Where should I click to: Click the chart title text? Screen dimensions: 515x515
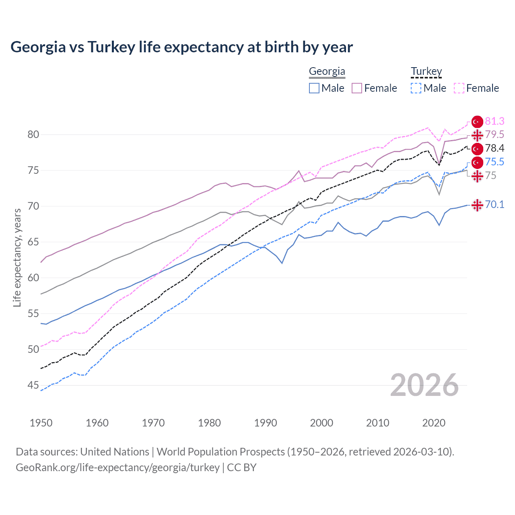(x=181, y=47)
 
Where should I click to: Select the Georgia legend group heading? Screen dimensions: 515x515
(x=327, y=72)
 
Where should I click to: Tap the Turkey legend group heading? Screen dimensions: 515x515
(x=426, y=72)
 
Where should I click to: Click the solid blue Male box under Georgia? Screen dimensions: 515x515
(x=314, y=88)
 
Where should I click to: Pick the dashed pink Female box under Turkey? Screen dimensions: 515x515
(x=459, y=88)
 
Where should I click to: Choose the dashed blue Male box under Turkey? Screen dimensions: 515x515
(x=416, y=88)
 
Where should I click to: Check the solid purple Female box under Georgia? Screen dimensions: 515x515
(x=357, y=88)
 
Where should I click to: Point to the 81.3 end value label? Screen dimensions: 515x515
(x=494, y=121)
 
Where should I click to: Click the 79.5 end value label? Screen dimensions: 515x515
(x=494, y=134)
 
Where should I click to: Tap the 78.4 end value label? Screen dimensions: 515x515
(x=494, y=148)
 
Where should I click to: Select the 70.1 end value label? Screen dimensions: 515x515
(x=494, y=204)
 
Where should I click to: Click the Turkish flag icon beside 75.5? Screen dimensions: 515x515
(x=477, y=163)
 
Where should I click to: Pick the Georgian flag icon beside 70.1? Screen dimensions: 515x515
(x=477, y=205)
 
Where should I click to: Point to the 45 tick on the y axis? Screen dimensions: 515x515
(x=33, y=385)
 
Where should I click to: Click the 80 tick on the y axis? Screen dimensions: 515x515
(x=33, y=134)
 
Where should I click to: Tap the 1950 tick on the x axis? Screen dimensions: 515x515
(x=41, y=423)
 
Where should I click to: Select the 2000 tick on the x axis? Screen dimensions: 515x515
(x=321, y=423)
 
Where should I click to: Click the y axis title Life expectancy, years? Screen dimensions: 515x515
(x=17, y=257)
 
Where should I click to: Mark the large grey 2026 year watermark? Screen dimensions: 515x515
(x=424, y=385)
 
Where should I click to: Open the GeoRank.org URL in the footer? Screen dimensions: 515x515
(x=117, y=468)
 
